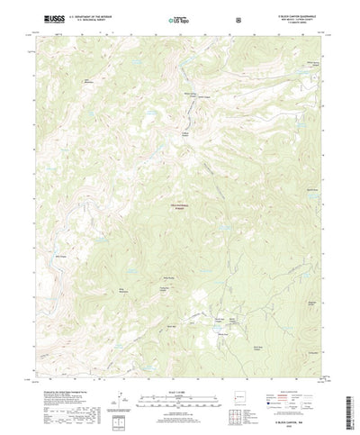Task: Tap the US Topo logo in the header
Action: click(180, 18)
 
